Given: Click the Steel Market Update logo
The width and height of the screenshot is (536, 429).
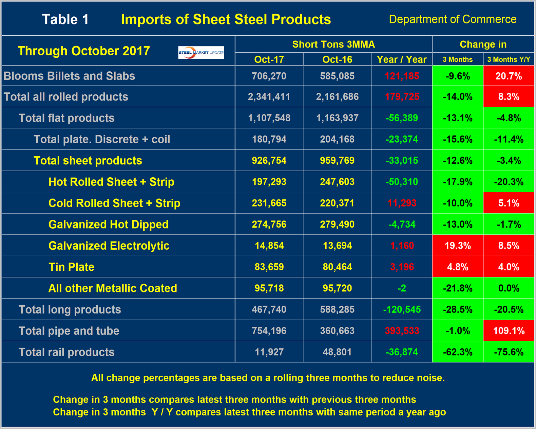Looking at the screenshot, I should tap(201, 53).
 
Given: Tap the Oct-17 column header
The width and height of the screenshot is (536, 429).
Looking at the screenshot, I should tap(269, 59).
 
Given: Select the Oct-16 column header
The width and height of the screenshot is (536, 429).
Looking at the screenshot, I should tap(337, 59).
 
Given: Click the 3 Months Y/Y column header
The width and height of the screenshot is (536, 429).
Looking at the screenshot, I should tap(509, 59).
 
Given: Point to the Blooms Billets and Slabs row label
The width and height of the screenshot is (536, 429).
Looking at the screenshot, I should tap(69, 76).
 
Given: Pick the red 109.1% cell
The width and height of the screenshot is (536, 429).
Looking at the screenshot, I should tap(509, 331).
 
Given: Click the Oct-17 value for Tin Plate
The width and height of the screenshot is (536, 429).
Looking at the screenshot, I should tap(269, 267).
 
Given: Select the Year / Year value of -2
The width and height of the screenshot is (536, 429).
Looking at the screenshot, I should tap(402, 288).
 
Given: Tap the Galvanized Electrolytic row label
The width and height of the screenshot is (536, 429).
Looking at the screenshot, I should tap(109, 246).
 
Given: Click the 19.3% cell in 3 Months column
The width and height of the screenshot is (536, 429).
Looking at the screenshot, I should tap(458, 246).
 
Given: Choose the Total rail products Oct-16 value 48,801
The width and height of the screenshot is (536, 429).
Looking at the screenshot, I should tap(337, 352).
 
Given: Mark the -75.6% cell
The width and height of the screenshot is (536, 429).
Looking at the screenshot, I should tap(509, 352).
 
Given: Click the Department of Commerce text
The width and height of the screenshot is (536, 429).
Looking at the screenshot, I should tap(453, 19).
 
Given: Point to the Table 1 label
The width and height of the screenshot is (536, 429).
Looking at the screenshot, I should tap(65, 19).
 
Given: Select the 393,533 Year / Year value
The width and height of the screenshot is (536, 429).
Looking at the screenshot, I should tap(402, 331).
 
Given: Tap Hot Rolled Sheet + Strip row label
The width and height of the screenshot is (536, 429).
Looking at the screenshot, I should tap(111, 182).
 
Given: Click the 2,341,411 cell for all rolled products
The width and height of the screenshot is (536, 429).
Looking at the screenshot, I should tap(269, 97).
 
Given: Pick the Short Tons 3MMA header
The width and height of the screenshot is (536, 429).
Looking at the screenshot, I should tap(333, 44).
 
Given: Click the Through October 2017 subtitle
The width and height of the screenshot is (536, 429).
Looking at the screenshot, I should tap(84, 51).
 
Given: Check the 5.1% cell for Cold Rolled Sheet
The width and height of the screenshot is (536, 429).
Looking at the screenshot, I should tap(509, 203).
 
